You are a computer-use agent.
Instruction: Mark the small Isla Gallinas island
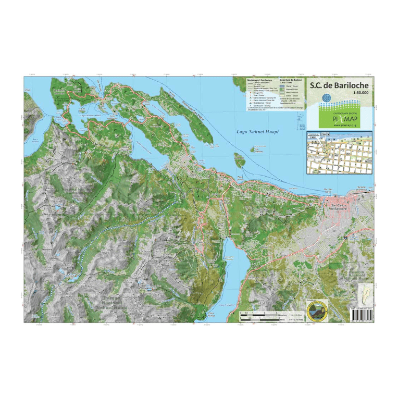tap(240, 158)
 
